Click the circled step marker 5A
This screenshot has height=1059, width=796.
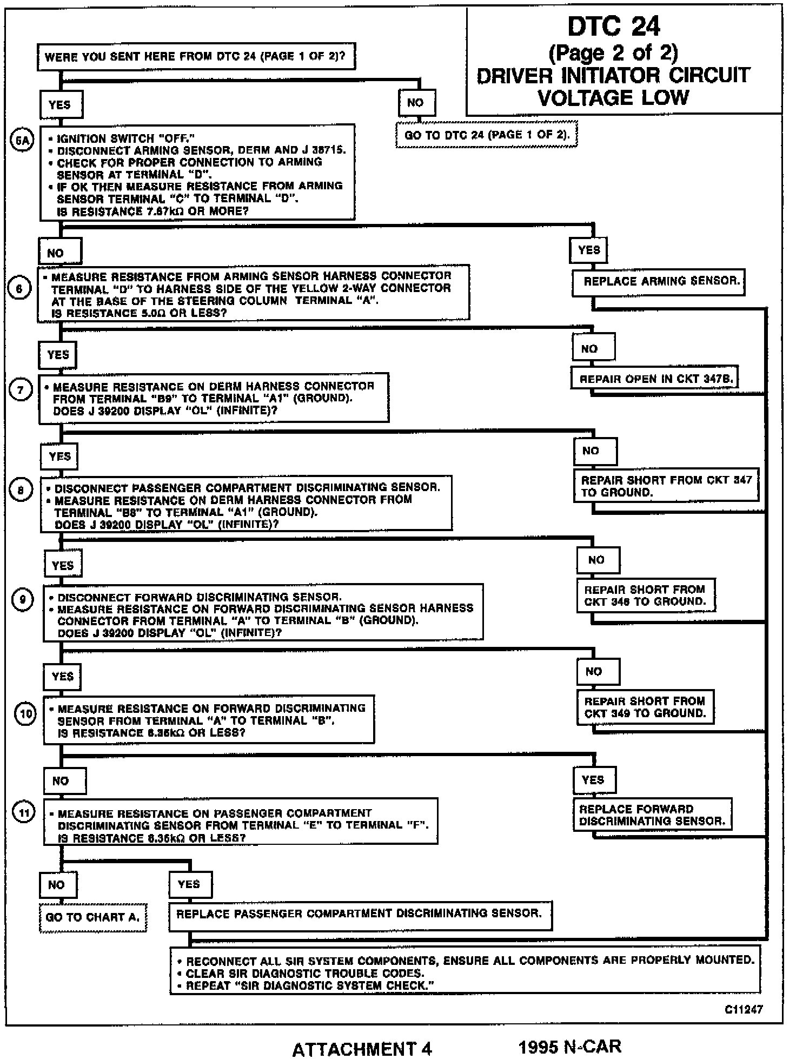pyautogui.click(x=22, y=141)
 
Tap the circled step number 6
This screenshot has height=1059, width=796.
pyautogui.click(x=20, y=289)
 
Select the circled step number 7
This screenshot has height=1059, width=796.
pyautogui.click(x=22, y=390)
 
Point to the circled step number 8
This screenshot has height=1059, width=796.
pyautogui.click(x=21, y=491)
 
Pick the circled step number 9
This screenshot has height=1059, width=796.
pyautogui.click(x=23, y=600)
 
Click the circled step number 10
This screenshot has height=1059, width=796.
pyautogui.click(x=25, y=714)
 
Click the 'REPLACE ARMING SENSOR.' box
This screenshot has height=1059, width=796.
pyautogui.click(x=658, y=282)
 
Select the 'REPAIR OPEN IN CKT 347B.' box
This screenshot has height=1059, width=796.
pyautogui.click(x=654, y=379)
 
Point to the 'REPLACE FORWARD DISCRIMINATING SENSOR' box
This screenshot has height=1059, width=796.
pyautogui.click(x=652, y=815)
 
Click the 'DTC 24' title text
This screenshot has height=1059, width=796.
pyautogui.click(x=614, y=27)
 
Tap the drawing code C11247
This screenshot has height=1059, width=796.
pyautogui.click(x=744, y=1009)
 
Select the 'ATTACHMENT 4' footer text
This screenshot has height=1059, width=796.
pyautogui.click(x=362, y=1049)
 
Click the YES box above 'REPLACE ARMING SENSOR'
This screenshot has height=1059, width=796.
pyautogui.click(x=589, y=250)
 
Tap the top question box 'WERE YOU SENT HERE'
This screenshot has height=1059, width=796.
pyautogui.click(x=196, y=57)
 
